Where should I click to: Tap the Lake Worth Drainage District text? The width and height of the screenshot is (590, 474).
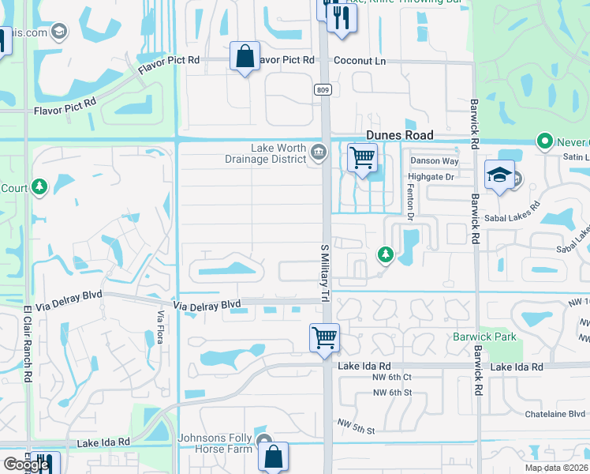pyautogui.click(x=278, y=153)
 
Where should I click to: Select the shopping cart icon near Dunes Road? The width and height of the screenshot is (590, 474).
pyautogui.click(x=362, y=157)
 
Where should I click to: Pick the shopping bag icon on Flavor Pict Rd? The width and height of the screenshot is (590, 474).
pyautogui.click(x=245, y=56)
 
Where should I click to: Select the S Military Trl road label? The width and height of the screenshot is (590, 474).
pyautogui.click(x=324, y=272)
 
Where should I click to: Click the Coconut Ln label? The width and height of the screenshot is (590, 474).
pyautogui.click(x=359, y=60)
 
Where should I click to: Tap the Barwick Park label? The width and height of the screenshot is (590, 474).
pyautogui.click(x=484, y=337)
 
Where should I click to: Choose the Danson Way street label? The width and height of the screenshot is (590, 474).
pyautogui.click(x=434, y=161)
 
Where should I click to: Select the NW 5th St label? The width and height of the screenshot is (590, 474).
pyautogui.click(x=358, y=430)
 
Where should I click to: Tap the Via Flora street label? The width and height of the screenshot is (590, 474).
pyautogui.click(x=160, y=327)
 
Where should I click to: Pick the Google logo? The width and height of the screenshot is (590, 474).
pyautogui.click(x=26, y=465)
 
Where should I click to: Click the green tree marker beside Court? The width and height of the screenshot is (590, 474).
pyautogui.click(x=39, y=187)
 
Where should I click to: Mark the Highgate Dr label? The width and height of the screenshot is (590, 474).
pyautogui.click(x=432, y=177)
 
